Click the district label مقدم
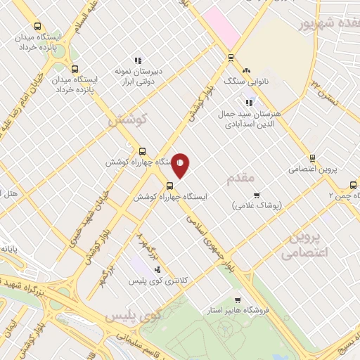tap(240, 179)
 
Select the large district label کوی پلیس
tap(134, 316)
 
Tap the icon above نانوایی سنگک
tap(246, 70)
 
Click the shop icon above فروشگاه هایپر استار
tap(238, 299)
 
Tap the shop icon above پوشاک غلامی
tap(257, 195)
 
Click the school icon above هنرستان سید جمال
tap(248, 103)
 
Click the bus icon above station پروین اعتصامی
tap(313, 158)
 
